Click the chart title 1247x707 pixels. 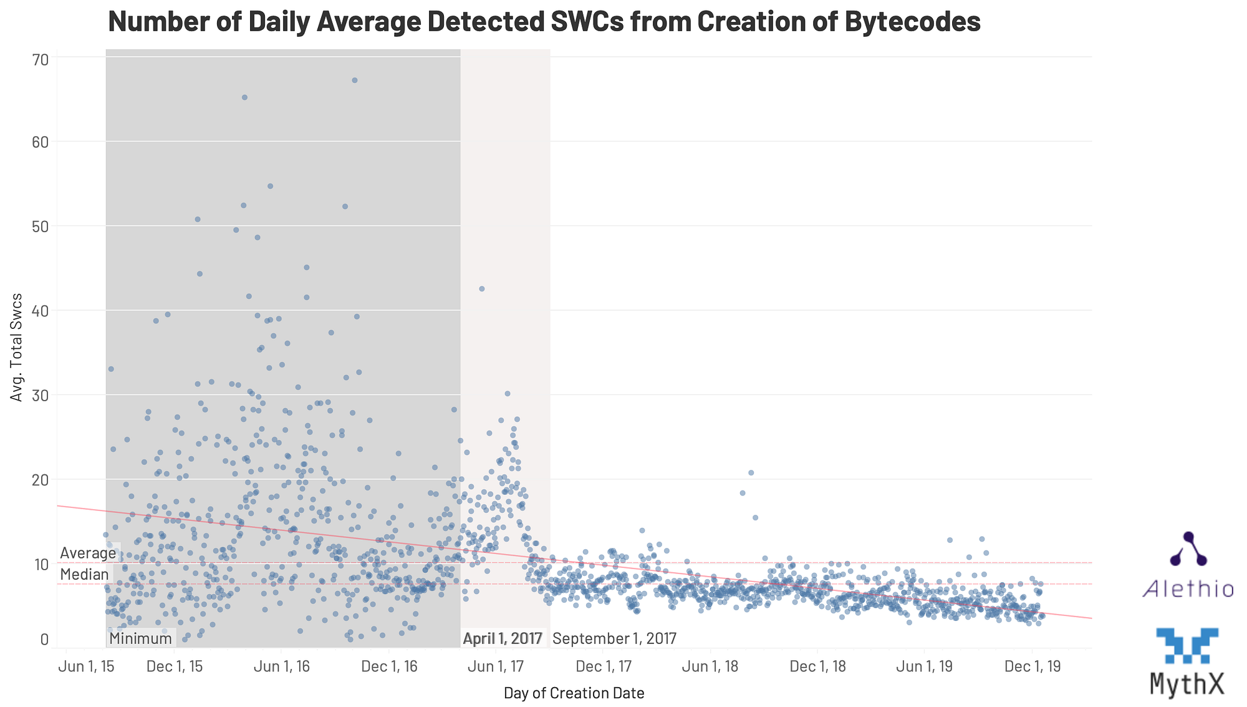544,21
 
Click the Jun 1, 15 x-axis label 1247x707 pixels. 86,666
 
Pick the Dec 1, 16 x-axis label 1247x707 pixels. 389,666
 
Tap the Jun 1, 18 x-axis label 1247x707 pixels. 710,666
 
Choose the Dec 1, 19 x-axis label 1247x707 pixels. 1032,666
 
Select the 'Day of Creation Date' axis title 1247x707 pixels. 574,693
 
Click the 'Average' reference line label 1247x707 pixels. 88,553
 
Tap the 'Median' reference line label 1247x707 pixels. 84,575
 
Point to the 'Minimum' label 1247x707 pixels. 140,638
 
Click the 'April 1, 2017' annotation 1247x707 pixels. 503,638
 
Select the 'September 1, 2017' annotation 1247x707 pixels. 614,638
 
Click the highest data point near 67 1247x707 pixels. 355,80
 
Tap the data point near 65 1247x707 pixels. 244,97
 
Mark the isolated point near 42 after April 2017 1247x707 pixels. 481,288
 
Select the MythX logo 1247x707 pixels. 1187,661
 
